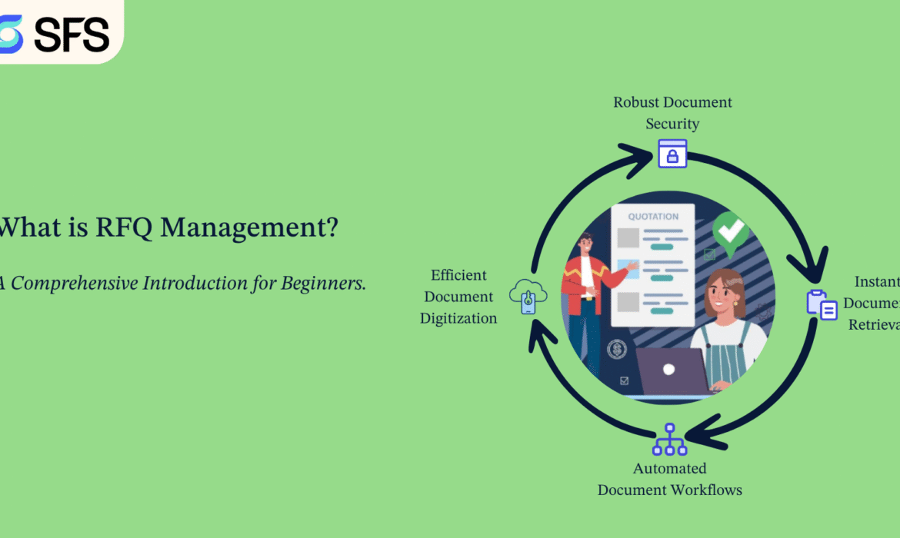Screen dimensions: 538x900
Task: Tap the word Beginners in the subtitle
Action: (x=324, y=283)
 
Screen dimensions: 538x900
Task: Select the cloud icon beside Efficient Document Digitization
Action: (x=528, y=296)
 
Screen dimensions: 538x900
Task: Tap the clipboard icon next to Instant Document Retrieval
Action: (x=822, y=304)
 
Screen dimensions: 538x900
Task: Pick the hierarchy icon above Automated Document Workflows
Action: (x=669, y=439)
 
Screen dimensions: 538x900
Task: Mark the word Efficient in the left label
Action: (x=458, y=275)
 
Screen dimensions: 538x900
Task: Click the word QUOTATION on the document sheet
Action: (x=653, y=217)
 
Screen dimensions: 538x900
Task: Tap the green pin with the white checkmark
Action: (x=729, y=230)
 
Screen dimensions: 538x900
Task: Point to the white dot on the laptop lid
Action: (x=668, y=370)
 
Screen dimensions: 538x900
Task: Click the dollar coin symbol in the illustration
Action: (x=615, y=350)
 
